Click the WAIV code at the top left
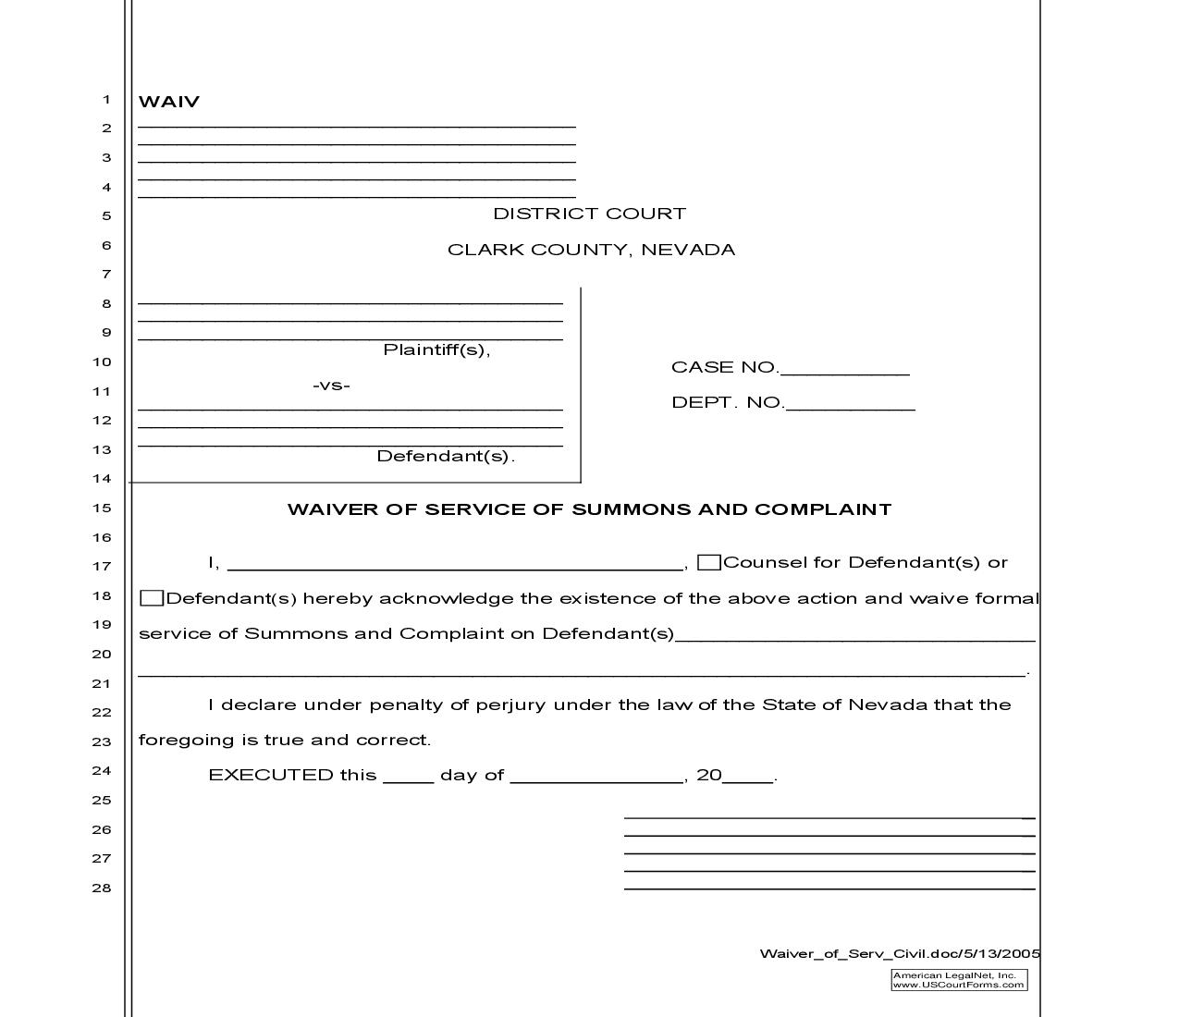168,102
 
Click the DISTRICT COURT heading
589,214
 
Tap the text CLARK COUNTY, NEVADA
591,250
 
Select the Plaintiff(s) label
436,349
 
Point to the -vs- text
331,385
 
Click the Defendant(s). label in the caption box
445,456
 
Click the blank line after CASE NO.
844,370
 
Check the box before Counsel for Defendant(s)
709,562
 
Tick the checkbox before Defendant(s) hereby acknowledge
152,598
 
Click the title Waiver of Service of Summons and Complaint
589,509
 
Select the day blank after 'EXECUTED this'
408,777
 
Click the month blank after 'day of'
596,777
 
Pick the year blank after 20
748,777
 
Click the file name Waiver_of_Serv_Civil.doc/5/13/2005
900,953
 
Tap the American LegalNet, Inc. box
959,980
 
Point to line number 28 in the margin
101,888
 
